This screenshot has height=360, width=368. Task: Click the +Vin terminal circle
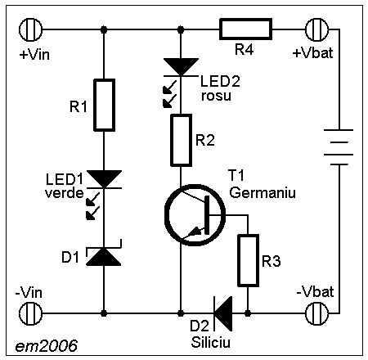coord(31,29)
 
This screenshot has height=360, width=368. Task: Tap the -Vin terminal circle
coord(31,313)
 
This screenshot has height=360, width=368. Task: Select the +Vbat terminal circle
coord(316,29)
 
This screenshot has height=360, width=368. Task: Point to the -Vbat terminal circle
coord(316,313)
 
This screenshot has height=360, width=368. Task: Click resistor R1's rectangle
coord(104,105)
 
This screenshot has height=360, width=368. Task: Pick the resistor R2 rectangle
coord(181,140)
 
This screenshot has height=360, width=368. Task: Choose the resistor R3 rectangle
coord(249,260)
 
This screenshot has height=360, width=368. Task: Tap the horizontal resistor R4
coord(245,29)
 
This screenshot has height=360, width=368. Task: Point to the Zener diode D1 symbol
coord(104,253)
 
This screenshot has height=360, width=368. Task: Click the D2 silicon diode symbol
coord(223,313)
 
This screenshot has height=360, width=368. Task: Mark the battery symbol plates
coord(339,147)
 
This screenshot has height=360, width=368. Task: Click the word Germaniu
coord(263,192)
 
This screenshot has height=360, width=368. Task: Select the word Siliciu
coord(211,343)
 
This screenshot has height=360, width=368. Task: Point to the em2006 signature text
coord(47,346)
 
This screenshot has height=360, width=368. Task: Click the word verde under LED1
coord(65,193)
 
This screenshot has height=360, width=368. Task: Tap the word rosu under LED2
coord(216,96)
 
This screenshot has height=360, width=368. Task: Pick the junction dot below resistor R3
coord(248,313)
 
